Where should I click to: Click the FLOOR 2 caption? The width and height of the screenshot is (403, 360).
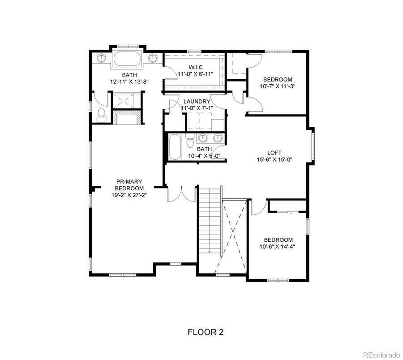(x=206, y=332)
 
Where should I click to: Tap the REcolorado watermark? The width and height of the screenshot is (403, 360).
(x=382, y=355)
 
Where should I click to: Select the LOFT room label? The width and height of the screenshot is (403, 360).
(x=274, y=153)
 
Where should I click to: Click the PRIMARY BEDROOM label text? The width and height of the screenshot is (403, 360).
(x=129, y=185)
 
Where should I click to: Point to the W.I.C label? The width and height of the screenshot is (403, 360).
(x=196, y=67)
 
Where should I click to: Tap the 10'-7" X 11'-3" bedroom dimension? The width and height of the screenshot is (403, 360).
(x=278, y=86)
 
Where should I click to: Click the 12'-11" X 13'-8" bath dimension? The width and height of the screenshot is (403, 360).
(x=129, y=81)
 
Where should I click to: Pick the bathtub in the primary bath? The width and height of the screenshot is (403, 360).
(x=127, y=59)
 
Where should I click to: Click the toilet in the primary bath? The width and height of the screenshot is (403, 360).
(x=101, y=115)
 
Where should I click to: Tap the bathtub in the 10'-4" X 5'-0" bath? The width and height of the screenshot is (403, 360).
(x=175, y=147)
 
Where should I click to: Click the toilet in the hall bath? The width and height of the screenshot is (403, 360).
(x=190, y=141)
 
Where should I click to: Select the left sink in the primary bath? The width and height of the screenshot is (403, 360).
(x=102, y=57)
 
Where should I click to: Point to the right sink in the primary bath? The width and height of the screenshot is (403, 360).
(x=153, y=57)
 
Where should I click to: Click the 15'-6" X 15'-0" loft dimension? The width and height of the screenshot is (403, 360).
(x=274, y=159)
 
